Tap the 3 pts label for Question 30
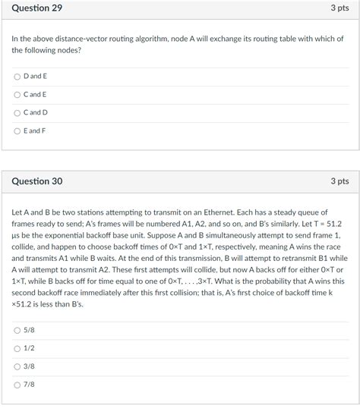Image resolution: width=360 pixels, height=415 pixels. tap(339, 181)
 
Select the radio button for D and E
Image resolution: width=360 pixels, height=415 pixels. tap(17, 77)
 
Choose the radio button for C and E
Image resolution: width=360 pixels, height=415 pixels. tap(17, 95)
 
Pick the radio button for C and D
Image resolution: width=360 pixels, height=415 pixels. tap(17, 113)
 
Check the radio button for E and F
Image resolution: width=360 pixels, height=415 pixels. tap(17, 131)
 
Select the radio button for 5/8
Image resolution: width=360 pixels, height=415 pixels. tap(17, 330)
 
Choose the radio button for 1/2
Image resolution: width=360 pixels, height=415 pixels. tap(17, 348)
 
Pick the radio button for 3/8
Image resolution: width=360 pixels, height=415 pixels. tap(17, 366)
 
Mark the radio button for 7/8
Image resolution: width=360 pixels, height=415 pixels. tap(17, 385)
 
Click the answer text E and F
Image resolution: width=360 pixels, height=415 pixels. tap(35, 131)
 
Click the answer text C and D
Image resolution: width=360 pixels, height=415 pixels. tap(36, 113)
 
